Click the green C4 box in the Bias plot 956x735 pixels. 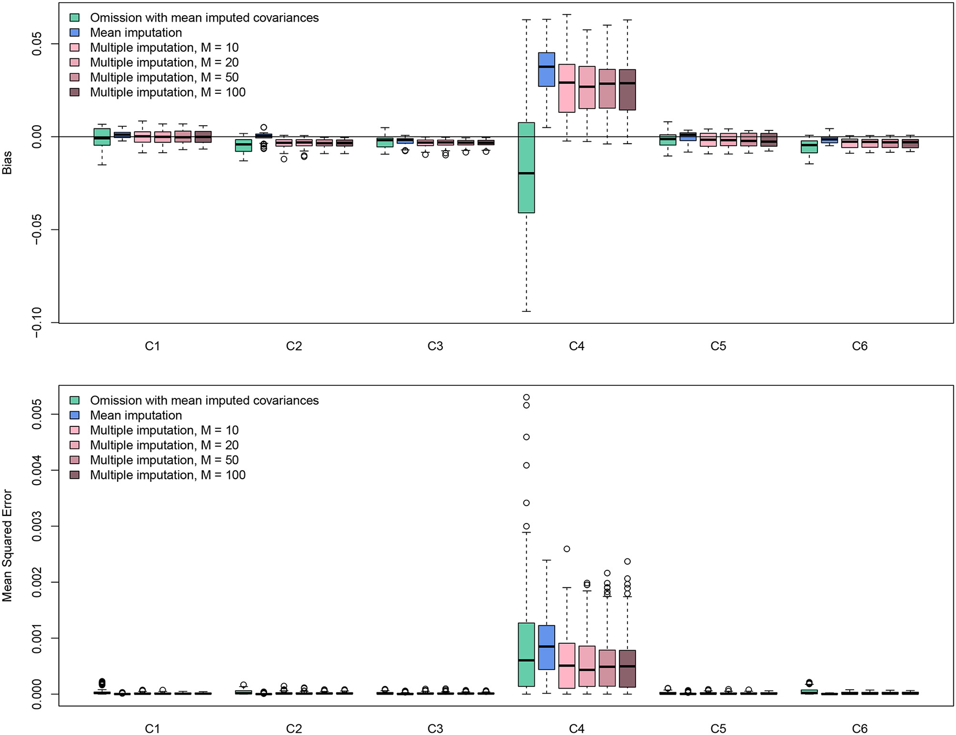(526, 167)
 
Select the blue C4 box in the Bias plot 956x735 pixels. (547, 69)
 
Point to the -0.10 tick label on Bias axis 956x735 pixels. (37, 323)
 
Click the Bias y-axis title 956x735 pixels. (7, 162)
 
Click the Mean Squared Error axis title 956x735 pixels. (7, 545)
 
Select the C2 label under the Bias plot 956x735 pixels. (294, 346)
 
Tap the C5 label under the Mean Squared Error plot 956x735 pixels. (718, 729)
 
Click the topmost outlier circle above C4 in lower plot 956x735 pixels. (526, 398)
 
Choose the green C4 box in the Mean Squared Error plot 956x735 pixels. (526, 655)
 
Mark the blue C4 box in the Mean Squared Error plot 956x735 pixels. (547, 647)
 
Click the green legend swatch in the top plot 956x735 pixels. (75, 18)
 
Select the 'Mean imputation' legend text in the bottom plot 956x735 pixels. (136, 416)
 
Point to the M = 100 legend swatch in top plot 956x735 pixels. (75, 92)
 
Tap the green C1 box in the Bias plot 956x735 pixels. (102, 137)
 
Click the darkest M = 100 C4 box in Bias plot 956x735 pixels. (627, 90)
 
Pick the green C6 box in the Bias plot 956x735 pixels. (809, 147)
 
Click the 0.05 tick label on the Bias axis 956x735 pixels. (37, 44)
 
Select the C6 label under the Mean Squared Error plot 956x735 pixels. (859, 729)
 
